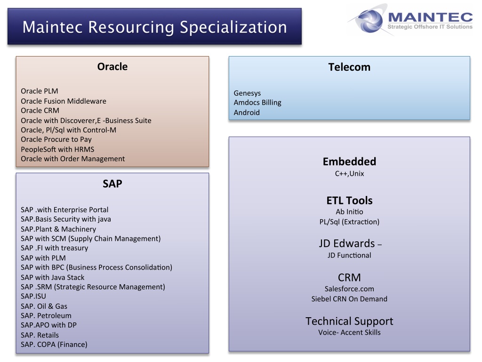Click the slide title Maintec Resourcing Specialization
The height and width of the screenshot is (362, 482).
click(154, 27)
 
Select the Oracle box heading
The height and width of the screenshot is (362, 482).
click(112, 66)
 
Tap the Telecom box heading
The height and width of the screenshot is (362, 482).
click(349, 67)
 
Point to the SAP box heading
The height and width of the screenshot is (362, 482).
click(112, 184)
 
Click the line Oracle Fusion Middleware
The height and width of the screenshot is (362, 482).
click(64, 101)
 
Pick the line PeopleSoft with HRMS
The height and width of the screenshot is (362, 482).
click(57, 149)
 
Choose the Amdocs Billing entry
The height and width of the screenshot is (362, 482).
click(257, 102)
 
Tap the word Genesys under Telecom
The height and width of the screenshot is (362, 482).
click(247, 93)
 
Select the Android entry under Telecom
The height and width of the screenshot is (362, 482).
click(247, 112)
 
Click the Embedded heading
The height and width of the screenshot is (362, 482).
click(349, 162)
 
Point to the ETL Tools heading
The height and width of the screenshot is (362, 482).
click(349, 201)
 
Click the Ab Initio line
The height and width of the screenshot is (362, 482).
click(349, 212)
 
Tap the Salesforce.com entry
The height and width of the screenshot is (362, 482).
click(349, 289)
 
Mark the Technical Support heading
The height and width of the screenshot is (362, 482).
click(349, 321)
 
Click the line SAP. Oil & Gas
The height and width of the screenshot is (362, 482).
click(44, 306)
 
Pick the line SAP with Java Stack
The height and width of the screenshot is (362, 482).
click(53, 277)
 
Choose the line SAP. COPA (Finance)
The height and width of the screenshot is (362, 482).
click(54, 345)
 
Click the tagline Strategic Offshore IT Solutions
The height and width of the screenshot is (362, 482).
click(430, 27)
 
